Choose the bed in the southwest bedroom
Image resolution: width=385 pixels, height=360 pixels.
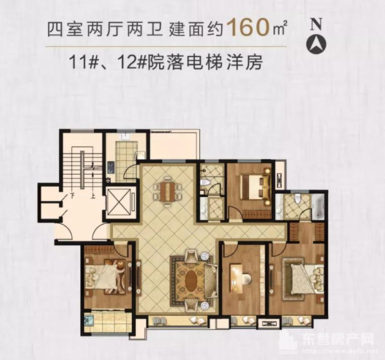click(x=106, y=277)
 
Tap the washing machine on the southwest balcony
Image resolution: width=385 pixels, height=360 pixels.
click(x=89, y=320)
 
